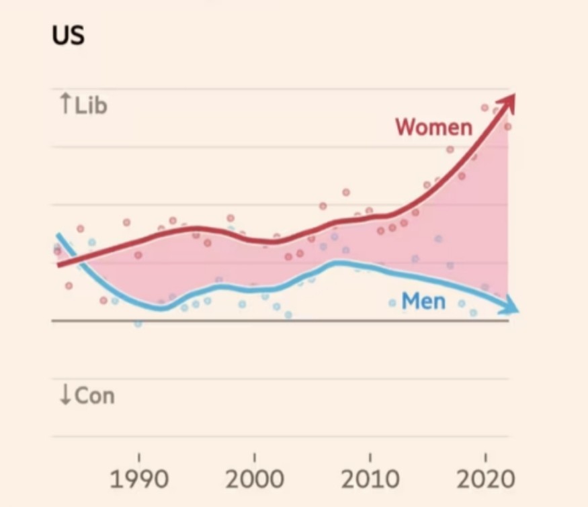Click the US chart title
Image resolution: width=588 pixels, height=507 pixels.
(68, 35)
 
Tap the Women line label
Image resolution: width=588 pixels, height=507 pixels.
(434, 126)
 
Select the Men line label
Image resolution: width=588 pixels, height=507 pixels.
(423, 301)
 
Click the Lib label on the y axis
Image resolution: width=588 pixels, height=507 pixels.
(91, 105)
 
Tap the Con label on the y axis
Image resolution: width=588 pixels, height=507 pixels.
(94, 396)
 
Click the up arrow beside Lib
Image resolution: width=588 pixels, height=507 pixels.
(65, 103)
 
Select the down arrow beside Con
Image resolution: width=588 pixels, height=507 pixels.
(65, 396)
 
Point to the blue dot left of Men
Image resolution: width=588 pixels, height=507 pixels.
(392, 303)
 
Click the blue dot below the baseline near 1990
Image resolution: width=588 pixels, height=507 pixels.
(138, 324)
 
